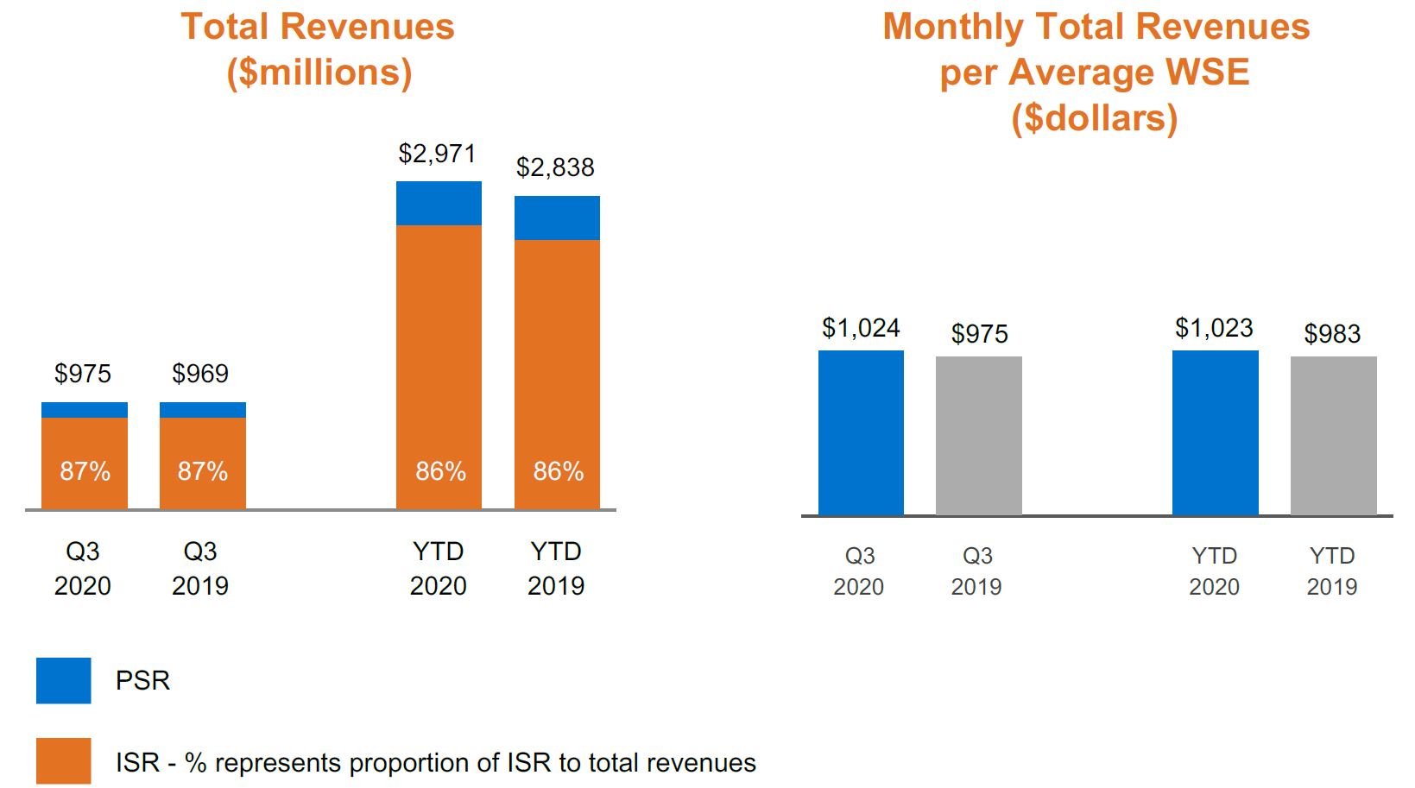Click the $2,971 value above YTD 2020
pyautogui.click(x=437, y=154)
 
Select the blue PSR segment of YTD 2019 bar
pyautogui.click(x=557, y=217)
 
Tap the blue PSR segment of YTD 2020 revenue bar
pyautogui.click(x=439, y=203)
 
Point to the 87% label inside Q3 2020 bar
pyautogui.click(x=85, y=471)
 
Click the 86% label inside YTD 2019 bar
pyautogui.click(x=558, y=471)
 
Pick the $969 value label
pyautogui.click(x=200, y=374)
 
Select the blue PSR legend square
pyautogui.click(x=63, y=680)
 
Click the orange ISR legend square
pyautogui.click(x=63, y=760)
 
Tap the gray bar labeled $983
pyautogui.click(x=1333, y=436)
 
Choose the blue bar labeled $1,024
pyautogui.click(x=861, y=432)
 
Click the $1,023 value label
pyautogui.click(x=1214, y=328)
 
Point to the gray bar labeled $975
pyautogui.click(x=978, y=436)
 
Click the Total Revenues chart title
pyautogui.click(x=318, y=28)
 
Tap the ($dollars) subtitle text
pyautogui.click(x=1094, y=118)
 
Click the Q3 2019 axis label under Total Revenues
pyautogui.click(x=200, y=569)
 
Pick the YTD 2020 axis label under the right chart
pyautogui.click(x=1214, y=571)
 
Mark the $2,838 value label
pyautogui.click(x=555, y=167)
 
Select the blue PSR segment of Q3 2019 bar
pyautogui.click(x=203, y=410)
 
